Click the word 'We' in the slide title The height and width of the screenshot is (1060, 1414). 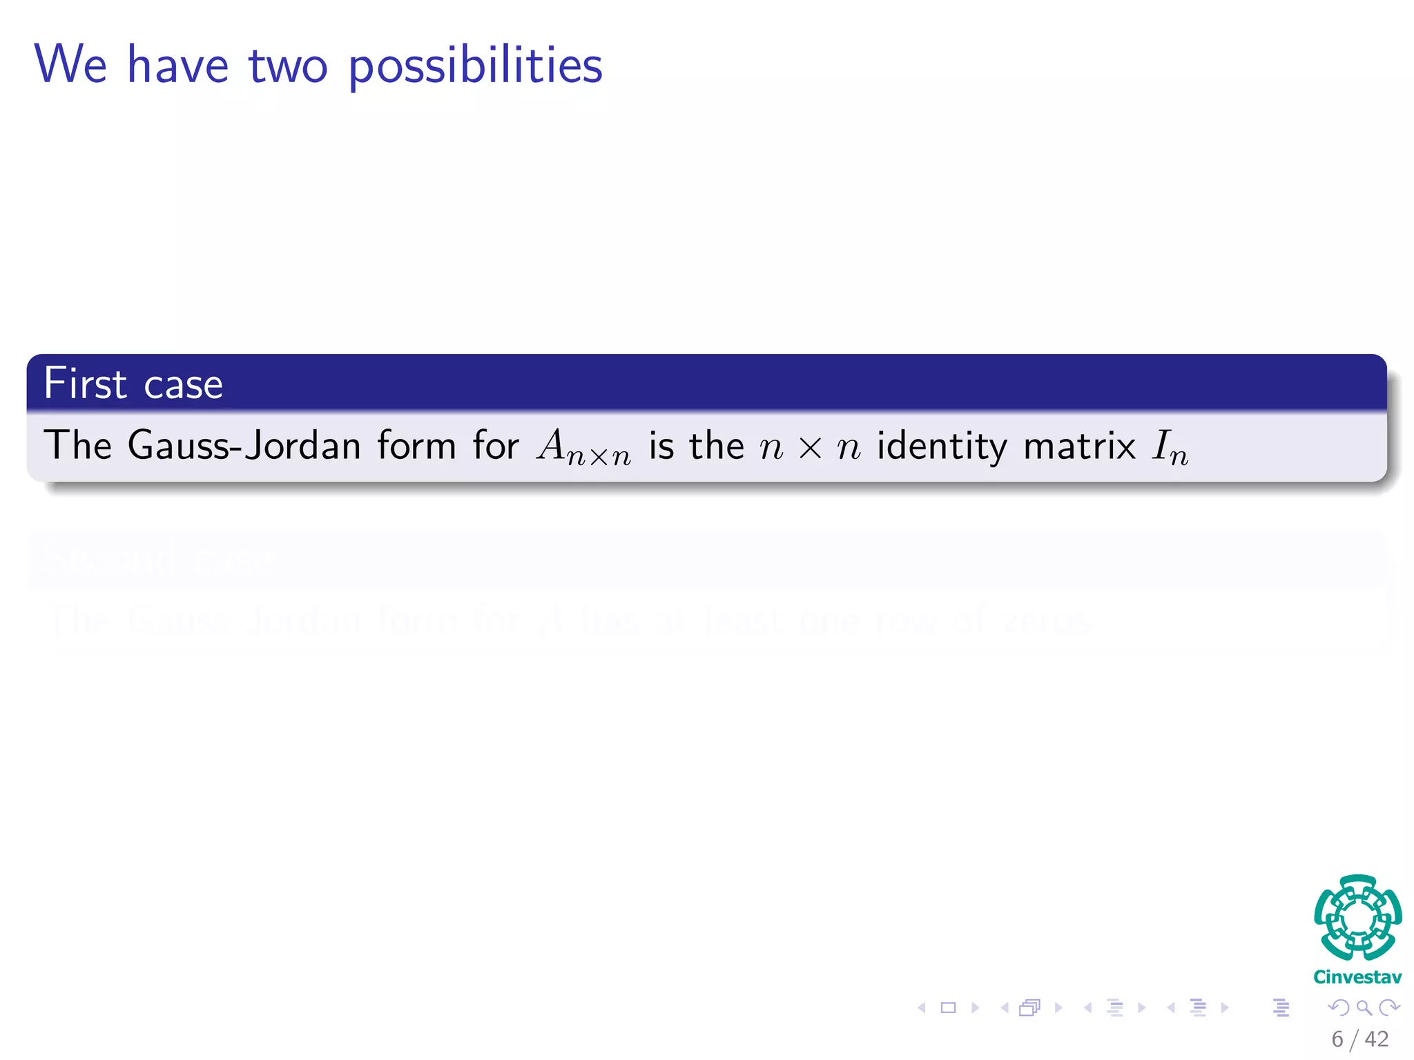point(70,65)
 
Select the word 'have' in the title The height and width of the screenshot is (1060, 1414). point(177,65)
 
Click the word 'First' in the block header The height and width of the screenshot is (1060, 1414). point(85,384)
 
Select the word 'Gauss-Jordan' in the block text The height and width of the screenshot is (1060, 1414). point(244,445)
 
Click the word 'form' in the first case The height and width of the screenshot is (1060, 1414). point(416,445)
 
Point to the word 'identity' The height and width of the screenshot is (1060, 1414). point(942,446)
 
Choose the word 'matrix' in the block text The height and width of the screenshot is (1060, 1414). point(1079,446)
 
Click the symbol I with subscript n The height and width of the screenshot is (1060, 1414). point(1170,447)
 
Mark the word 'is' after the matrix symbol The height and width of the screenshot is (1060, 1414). point(661,446)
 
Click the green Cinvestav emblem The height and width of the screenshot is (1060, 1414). point(1357,917)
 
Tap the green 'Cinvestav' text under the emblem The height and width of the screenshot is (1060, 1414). point(1357,977)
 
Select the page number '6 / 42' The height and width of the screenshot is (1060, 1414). point(1359,1039)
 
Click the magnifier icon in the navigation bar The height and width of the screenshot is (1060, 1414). point(1364,1008)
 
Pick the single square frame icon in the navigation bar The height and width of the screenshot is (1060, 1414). point(949,1008)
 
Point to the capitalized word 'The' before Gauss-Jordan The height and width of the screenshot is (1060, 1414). point(77,445)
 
